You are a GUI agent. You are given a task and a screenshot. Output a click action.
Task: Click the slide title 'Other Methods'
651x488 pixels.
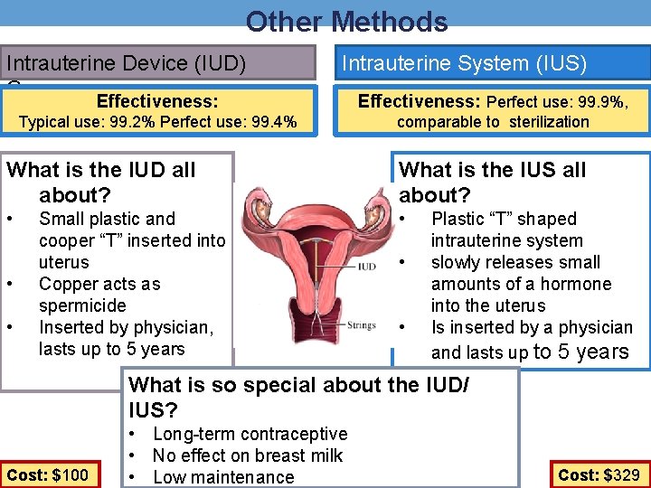pyautogui.click(x=346, y=21)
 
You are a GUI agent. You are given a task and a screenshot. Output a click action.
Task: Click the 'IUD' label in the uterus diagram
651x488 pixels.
pyautogui.click(x=366, y=267)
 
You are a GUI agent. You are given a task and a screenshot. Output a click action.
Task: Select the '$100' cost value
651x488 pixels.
pyautogui.click(x=69, y=475)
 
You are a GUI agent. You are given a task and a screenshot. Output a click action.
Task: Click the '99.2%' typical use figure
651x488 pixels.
pyautogui.click(x=126, y=122)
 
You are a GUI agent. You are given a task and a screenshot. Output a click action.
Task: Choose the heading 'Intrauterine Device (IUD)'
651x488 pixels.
pyautogui.click(x=126, y=63)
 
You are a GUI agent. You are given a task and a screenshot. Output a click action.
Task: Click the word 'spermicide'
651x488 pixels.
pyautogui.click(x=82, y=305)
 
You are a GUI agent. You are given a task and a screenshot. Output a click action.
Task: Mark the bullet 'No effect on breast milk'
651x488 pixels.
pyautogui.click(x=248, y=455)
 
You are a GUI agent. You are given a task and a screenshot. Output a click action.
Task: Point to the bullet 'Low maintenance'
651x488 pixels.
pyautogui.click(x=223, y=477)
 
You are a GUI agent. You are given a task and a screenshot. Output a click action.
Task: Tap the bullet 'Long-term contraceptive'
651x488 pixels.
pyautogui.click(x=250, y=434)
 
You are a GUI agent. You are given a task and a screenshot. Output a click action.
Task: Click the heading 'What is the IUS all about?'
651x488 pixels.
pyautogui.click(x=492, y=182)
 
